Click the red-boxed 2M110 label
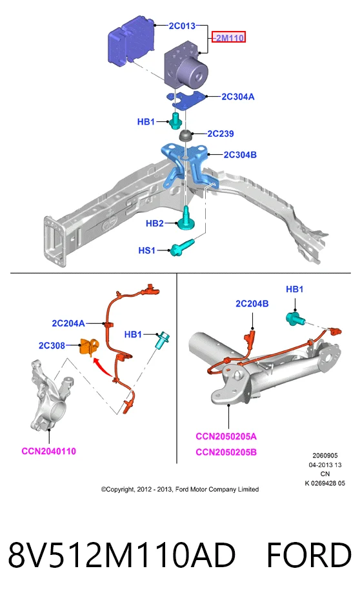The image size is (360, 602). [x=229, y=37]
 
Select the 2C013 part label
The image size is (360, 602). [x=183, y=26]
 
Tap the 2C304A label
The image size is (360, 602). [x=238, y=97]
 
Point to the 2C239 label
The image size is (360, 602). [x=221, y=134]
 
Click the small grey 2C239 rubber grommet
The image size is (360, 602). [x=186, y=135]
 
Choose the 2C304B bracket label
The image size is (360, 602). [x=240, y=155]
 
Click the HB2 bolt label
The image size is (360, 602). [x=155, y=223]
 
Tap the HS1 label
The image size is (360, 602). [x=147, y=250]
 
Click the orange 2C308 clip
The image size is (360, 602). [x=89, y=346]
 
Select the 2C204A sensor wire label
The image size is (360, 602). [x=68, y=323]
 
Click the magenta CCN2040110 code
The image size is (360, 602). [x=49, y=451]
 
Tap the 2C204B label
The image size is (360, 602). [x=252, y=304]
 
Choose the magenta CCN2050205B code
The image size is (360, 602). [x=226, y=452]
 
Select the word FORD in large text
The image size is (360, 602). [x=309, y=555]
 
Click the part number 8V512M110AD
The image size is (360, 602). [x=122, y=555]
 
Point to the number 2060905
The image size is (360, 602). [x=325, y=456]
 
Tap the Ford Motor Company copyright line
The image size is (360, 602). [x=180, y=489]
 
